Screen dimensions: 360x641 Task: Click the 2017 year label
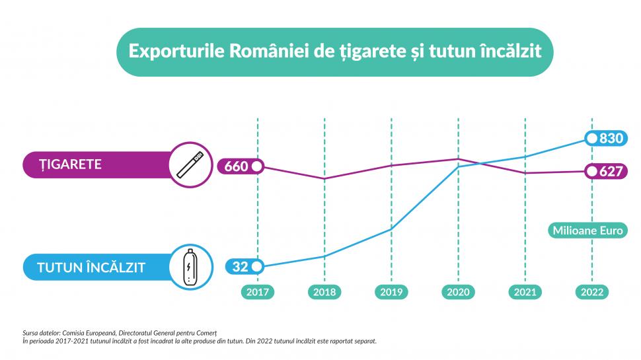(258, 292)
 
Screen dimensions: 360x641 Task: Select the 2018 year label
(324, 292)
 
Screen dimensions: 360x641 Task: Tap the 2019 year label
(391, 292)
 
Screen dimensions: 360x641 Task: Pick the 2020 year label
(458, 292)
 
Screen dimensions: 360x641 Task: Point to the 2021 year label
(525, 292)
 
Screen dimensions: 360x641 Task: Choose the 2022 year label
(591, 292)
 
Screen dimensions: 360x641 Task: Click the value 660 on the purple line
(236, 166)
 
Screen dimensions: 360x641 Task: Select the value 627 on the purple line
(612, 172)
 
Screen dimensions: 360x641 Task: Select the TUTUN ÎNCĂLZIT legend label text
(91, 268)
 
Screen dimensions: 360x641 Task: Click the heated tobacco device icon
(190, 268)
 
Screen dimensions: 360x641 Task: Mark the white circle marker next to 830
(592, 139)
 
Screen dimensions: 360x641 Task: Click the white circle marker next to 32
(257, 267)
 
